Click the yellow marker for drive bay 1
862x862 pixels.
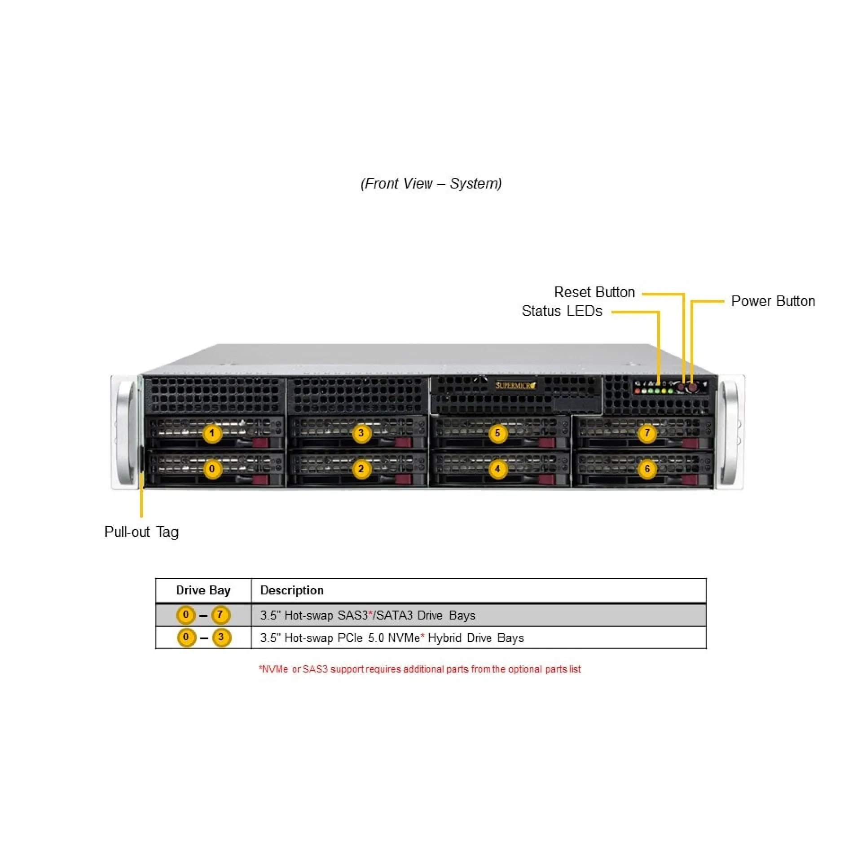pyautogui.click(x=212, y=434)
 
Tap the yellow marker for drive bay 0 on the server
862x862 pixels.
pyautogui.click(x=212, y=469)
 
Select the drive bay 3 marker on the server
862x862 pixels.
pyautogui.click(x=361, y=434)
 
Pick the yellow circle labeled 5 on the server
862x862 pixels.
pyautogui.click(x=497, y=434)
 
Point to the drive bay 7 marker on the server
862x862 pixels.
pyautogui.click(x=647, y=434)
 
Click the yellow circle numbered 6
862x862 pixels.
pyautogui.click(x=647, y=469)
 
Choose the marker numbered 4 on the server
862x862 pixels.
pyautogui.click(x=497, y=469)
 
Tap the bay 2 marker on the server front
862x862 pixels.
pyautogui.click(x=361, y=469)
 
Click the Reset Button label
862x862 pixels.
pyautogui.click(x=594, y=292)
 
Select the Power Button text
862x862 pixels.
pyautogui.click(x=773, y=301)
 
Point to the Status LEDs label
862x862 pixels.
pyautogui.click(x=562, y=311)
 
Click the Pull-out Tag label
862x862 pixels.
pyautogui.click(x=141, y=532)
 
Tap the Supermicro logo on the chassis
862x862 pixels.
pyautogui.click(x=515, y=385)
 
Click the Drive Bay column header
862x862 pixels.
pyautogui.click(x=203, y=590)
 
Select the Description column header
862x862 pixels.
pyautogui.click(x=292, y=590)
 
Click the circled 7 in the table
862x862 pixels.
pyautogui.click(x=220, y=615)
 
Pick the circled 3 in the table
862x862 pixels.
pyautogui.click(x=221, y=638)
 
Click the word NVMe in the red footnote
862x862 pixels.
pyautogui.click(x=275, y=669)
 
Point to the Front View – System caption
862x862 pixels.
pyautogui.click(x=431, y=184)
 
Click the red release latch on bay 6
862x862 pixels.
pyautogui.click(x=690, y=479)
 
